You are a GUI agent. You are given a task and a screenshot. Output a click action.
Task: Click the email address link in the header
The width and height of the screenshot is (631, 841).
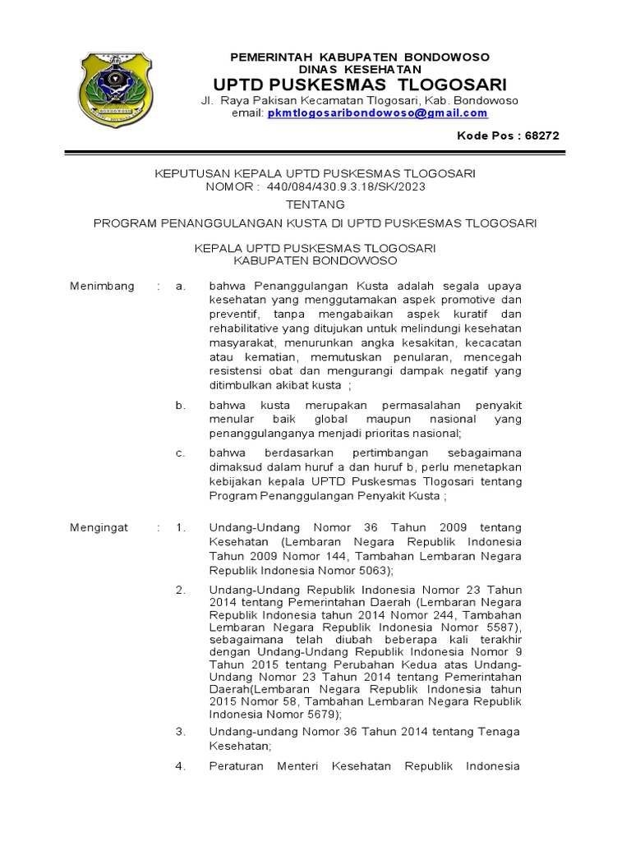click(377, 113)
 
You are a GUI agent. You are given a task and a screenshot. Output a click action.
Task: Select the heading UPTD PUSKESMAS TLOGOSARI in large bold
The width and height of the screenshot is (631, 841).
click(360, 85)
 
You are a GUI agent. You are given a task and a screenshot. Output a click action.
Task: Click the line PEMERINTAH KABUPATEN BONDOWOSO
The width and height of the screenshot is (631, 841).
click(360, 57)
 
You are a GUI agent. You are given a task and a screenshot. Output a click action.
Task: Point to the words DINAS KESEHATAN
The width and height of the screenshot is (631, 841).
click(360, 69)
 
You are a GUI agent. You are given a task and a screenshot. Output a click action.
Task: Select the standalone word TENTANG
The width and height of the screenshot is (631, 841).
click(315, 204)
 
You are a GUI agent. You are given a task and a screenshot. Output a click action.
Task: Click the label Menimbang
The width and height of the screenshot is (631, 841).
click(102, 286)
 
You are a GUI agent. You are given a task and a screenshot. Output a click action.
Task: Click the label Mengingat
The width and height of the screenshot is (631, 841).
click(99, 528)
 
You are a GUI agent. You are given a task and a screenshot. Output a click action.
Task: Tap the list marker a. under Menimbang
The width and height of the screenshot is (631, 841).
click(181, 286)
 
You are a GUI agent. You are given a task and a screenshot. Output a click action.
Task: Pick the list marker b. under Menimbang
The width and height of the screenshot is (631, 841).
click(181, 406)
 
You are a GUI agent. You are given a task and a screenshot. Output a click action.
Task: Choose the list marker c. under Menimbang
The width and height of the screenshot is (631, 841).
click(181, 453)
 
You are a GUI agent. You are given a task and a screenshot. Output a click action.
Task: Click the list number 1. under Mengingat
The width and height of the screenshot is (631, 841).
click(181, 528)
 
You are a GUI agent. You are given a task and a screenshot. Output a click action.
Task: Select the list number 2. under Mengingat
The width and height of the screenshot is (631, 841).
click(181, 590)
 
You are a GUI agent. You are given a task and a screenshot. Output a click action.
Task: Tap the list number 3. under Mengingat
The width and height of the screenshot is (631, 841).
click(181, 731)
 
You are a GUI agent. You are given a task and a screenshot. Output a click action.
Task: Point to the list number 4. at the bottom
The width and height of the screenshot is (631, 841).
click(181, 766)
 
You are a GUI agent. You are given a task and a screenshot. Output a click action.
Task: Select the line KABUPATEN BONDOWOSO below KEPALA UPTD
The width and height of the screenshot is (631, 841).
click(315, 260)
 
